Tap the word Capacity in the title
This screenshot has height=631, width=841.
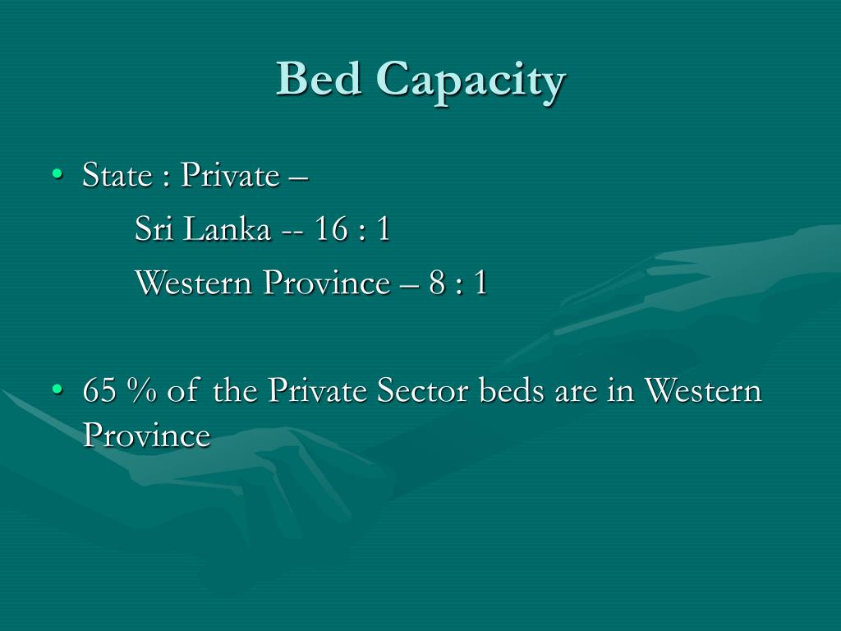tap(471, 81)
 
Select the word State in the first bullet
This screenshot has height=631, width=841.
tap(117, 175)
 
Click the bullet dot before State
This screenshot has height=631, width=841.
tap(56, 174)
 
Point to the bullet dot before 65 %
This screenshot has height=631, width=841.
tap(56, 390)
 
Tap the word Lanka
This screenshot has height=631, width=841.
tap(227, 229)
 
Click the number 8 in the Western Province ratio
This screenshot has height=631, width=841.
tap(436, 283)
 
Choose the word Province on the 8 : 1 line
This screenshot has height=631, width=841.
tap(327, 283)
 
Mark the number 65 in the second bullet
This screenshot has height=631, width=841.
tap(99, 391)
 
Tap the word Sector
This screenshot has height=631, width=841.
tap(420, 391)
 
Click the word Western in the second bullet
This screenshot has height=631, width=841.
tap(702, 391)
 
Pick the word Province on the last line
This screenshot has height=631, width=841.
tap(146, 435)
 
